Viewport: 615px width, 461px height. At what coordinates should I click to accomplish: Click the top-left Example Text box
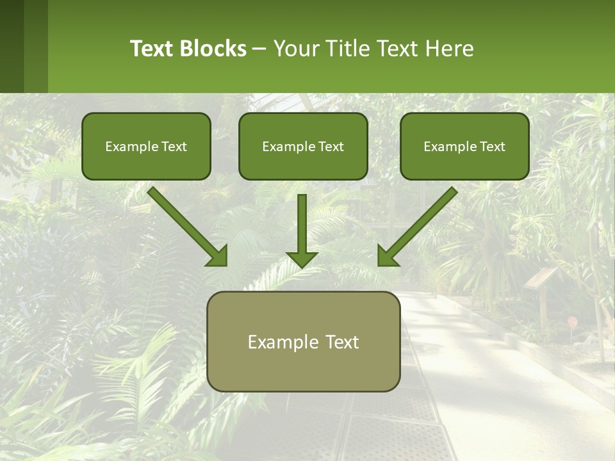(x=146, y=146)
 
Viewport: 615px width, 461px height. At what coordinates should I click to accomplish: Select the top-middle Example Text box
(x=303, y=146)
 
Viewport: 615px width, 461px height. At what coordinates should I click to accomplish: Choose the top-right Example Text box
(x=464, y=146)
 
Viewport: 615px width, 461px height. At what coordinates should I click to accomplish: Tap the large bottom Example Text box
(x=303, y=341)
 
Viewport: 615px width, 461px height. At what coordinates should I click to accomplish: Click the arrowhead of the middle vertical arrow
(x=302, y=259)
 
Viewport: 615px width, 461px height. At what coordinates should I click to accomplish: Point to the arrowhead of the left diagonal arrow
(x=218, y=256)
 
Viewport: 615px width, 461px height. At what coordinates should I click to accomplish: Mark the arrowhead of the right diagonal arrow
(x=387, y=256)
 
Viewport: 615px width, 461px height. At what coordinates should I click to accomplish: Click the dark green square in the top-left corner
(x=12, y=46)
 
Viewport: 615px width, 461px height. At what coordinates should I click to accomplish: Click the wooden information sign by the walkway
(x=542, y=278)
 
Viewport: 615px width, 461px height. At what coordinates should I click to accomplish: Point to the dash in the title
(x=259, y=49)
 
